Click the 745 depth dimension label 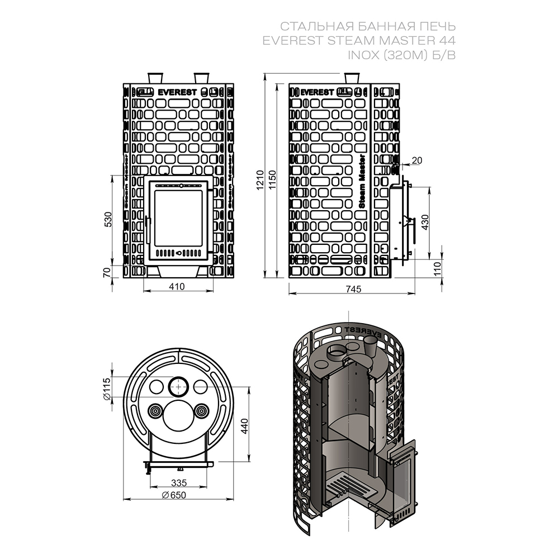352,288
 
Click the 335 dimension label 178,482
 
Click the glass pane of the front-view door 178,218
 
